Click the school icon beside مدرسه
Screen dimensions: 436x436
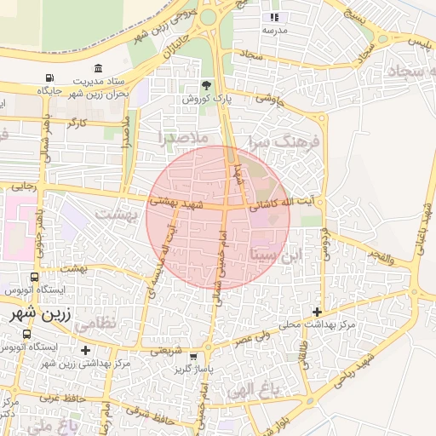tap(274, 17)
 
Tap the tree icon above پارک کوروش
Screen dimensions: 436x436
tap(206, 85)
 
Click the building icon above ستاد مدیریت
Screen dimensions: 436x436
tap(100, 68)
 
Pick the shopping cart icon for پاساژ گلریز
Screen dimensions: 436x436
tap(195, 357)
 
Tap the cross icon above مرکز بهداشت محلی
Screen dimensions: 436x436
tap(318, 312)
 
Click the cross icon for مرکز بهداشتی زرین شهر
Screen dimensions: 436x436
tap(85, 350)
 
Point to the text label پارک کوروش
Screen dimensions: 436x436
tap(204, 100)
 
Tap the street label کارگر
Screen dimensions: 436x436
tap(78, 124)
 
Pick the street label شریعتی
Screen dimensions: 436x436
tap(165, 349)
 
